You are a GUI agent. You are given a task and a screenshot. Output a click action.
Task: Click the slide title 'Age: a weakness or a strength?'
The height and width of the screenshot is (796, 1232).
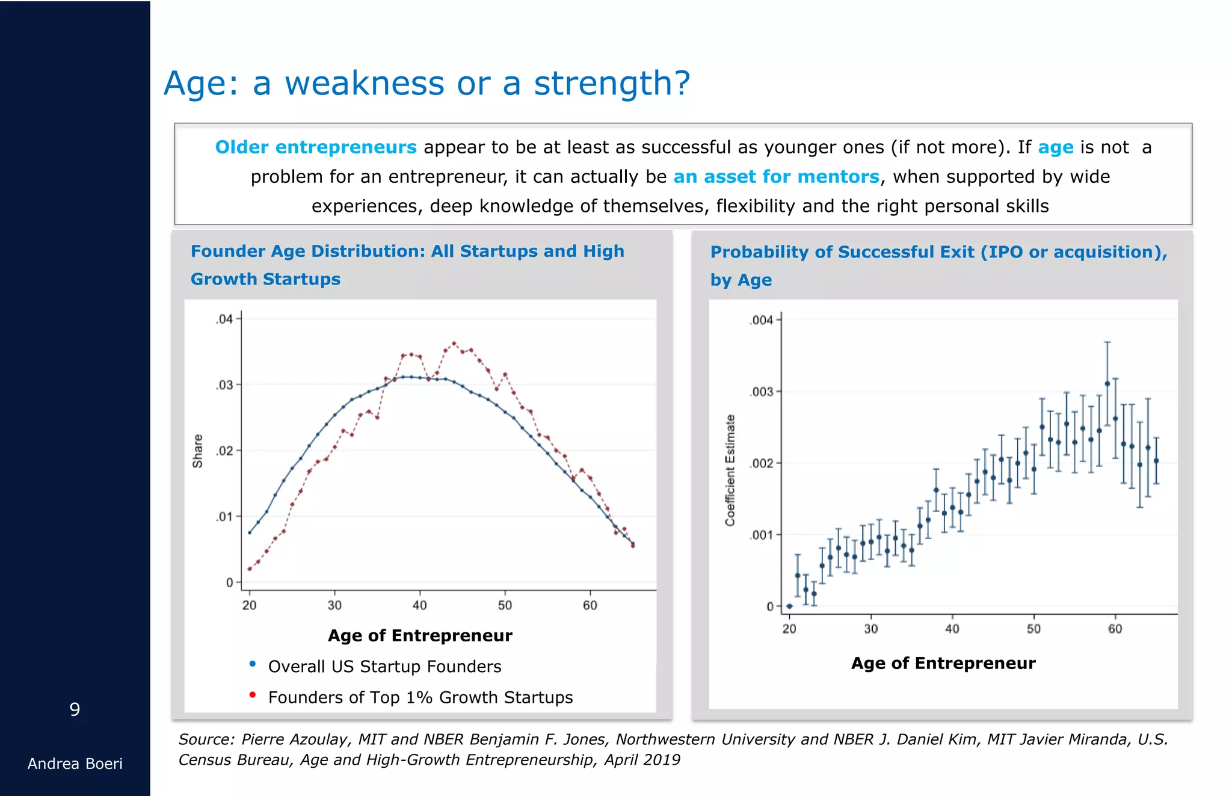pyautogui.click(x=427, y=83)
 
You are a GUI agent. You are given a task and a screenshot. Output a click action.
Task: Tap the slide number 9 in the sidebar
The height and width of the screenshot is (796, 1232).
pyautogui.click(x=75, y=709)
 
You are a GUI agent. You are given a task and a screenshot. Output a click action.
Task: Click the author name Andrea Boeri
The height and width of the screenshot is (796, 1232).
pyautogui.click(x=75, y=764)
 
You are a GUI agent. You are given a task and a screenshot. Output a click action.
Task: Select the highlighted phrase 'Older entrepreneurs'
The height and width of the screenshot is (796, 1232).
pyautogui.click(x=315, y=147)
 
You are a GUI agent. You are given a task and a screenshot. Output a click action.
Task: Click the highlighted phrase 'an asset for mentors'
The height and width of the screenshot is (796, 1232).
pyautogui.click(x=776, y=177)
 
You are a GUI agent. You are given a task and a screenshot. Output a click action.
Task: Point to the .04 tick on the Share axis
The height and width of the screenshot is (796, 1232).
pyautogui.click(x=225, y=319)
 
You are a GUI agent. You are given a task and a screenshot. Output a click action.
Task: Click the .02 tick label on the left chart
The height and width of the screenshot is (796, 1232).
pyautogui.click(x=225, y=451)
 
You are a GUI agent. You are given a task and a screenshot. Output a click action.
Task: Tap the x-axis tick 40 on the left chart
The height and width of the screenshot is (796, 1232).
pyautogui.click(x=419, y=605)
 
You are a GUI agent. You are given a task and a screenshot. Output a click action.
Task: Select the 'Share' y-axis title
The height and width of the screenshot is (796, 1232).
pyautogui.click(x=198, y=451)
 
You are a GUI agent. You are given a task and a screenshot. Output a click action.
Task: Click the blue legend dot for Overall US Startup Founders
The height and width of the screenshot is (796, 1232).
pyautogui.click(x=253, y=664)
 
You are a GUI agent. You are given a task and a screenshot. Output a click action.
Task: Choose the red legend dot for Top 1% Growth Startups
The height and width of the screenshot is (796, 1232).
pyautogui.click(x=253, y=695)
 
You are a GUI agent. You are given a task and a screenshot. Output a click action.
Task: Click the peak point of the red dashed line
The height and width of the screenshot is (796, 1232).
pyautogui.click(x=454, y=344)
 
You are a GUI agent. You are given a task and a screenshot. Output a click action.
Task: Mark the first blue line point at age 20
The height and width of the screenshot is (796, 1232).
pyautogui.click(x=250, y=532)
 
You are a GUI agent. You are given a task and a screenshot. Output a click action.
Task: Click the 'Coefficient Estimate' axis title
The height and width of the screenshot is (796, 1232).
pyautogui.click(x=730, y=470)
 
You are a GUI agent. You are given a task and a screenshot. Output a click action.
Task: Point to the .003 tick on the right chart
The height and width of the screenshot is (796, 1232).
pyautogui.click(x=762, y=392)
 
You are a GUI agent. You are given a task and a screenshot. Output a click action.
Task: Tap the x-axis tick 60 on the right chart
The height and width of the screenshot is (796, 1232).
pyautogui.click(x=1115, y=629)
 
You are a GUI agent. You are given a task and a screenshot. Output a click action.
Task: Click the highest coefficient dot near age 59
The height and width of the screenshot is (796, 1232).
pyautogui.click(x=1107, y=383)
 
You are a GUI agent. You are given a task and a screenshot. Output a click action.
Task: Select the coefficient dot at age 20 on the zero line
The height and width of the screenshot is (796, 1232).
pyautogui.click(x=789, y=606)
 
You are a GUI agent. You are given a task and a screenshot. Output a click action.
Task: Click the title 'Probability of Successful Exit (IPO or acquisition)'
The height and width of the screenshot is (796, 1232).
pyautogui.click(x=938, y=252)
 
